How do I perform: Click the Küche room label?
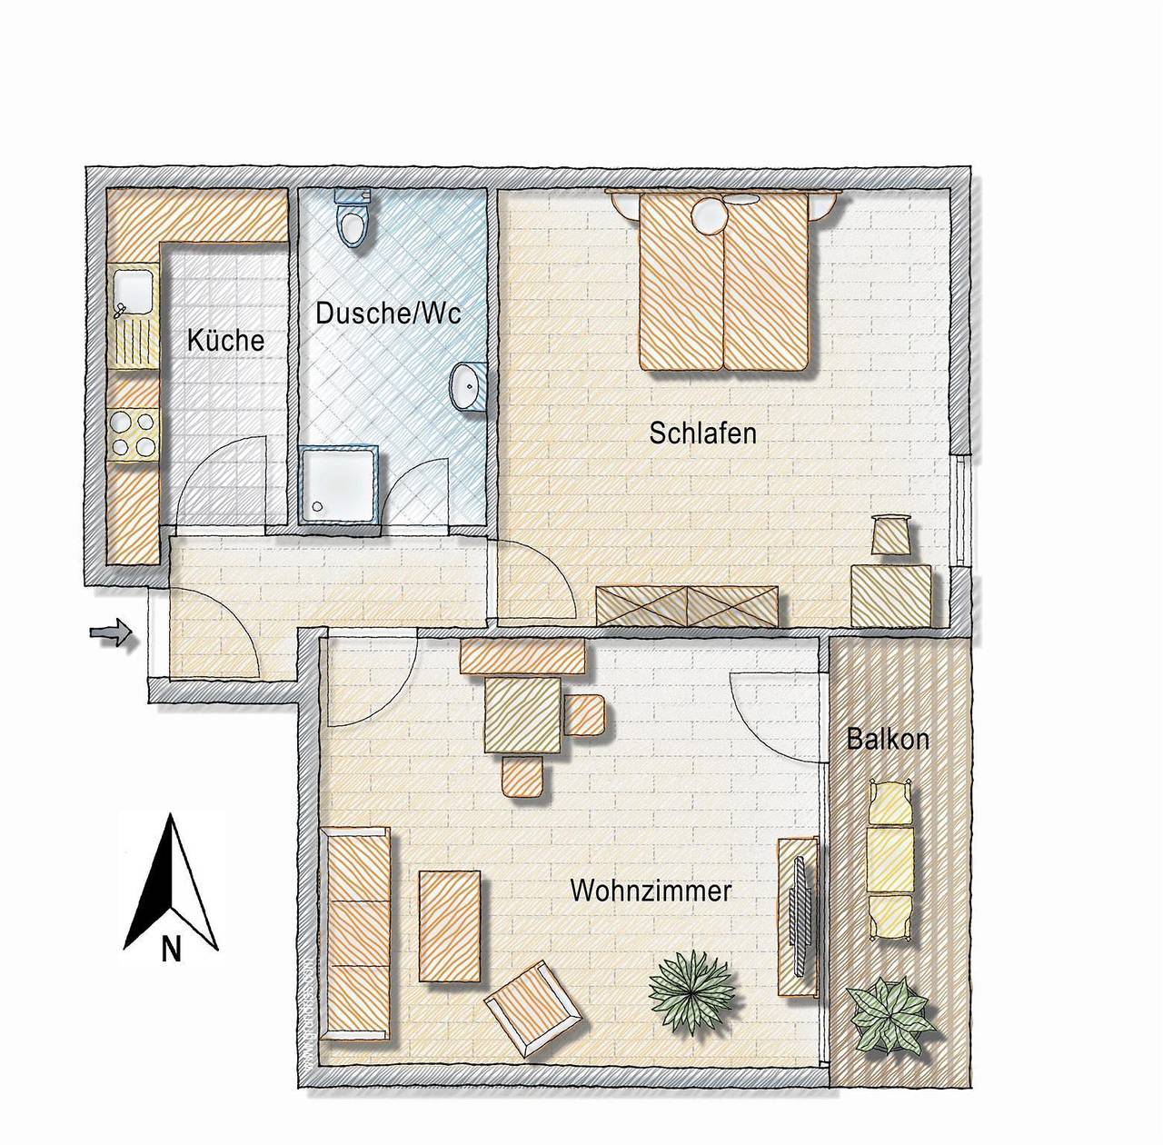click(x=225, y=341)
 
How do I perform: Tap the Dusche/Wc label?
click(x=388, y=314)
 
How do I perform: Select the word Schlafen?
click(x=702, y=433)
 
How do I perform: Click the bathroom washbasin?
click(x=468, y=386)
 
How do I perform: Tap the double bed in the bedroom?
click(x=723, y=282)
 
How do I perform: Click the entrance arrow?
click(x=111, y=633)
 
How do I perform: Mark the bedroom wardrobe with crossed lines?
click(x=687, y=606)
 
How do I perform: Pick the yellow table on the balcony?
click(x=890, y=861)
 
